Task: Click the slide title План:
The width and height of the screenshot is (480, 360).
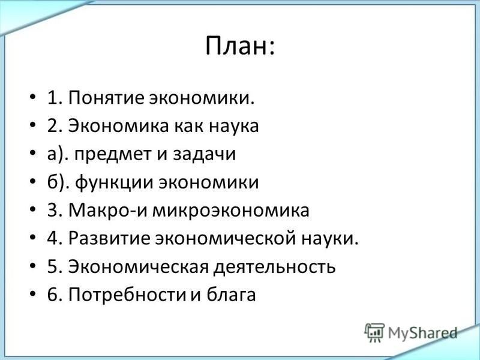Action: tap(240, 46)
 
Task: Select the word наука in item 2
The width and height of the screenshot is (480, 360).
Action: tap(234, 126)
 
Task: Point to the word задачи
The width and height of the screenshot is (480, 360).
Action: tap(204, 154)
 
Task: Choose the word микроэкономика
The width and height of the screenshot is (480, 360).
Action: tap(231, 211)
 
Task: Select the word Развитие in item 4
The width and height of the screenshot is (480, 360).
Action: tap(109, 238)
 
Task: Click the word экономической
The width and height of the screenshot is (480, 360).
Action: tap(225, 238)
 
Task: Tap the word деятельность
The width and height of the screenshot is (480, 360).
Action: tap(274, 266)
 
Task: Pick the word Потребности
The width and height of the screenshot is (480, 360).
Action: tap(127, 295)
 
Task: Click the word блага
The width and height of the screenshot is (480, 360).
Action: tap(231, 295)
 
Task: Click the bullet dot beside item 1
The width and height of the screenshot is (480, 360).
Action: tap(33, 98)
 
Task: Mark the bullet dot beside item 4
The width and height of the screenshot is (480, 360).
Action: tap(33, 238)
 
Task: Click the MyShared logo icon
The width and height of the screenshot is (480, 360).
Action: tap(374, 332)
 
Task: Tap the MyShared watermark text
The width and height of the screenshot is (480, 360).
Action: tap(422, 333)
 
